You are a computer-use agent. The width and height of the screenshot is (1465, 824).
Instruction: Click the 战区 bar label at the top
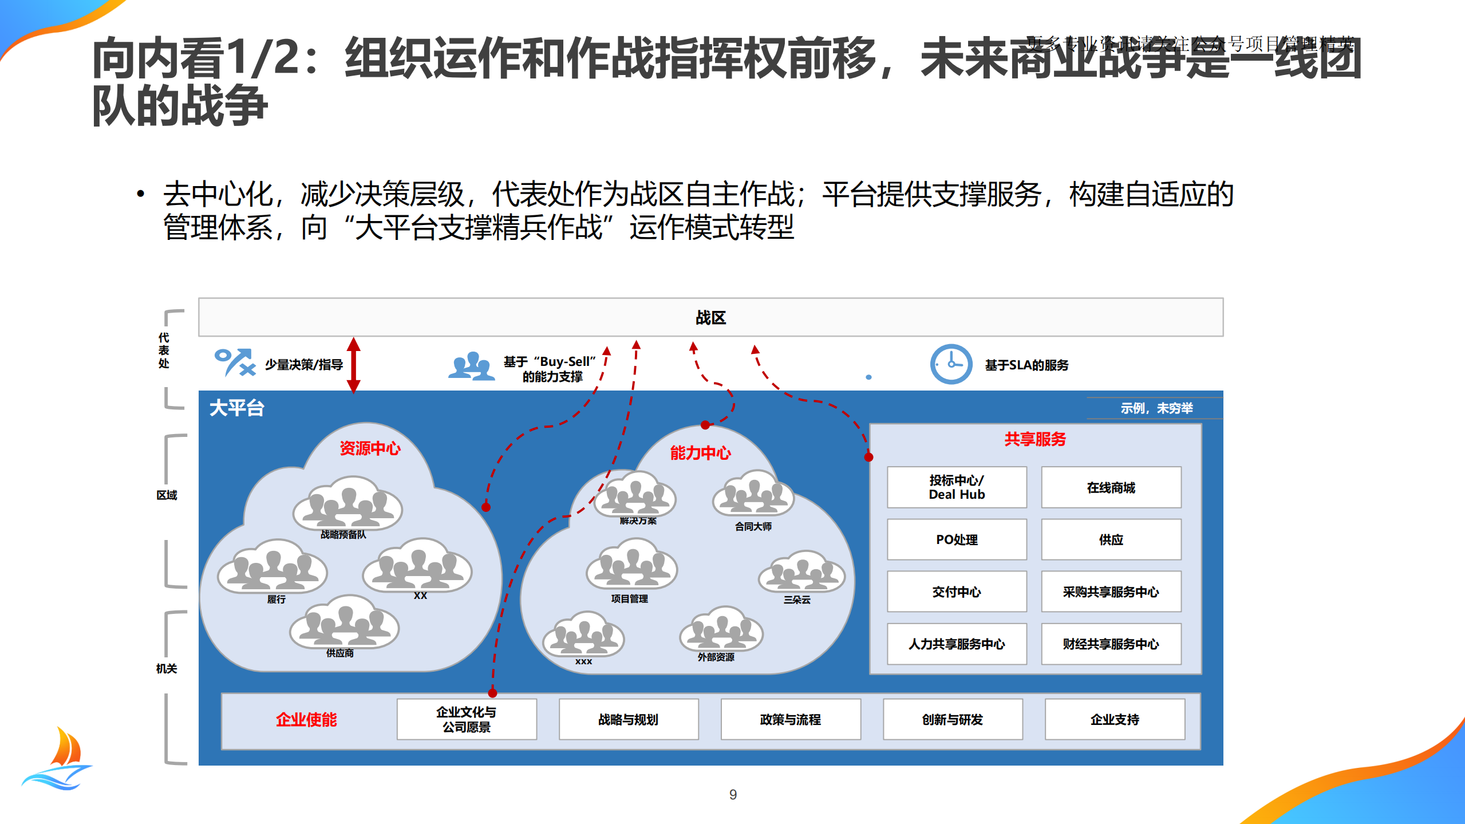710,318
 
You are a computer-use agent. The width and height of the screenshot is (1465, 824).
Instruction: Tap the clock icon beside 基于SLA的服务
950,364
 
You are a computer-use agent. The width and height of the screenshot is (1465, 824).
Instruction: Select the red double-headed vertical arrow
354,365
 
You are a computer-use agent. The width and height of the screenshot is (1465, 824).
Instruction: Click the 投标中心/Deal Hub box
957,487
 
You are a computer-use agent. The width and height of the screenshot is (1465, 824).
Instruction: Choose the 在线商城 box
1111,487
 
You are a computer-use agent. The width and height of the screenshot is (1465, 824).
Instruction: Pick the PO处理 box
957,539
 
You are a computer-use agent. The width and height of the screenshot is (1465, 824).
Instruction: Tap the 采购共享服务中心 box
1111,592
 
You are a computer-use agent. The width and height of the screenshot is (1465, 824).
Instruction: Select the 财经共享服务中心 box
1111,644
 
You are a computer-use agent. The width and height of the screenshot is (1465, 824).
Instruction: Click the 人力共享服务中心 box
957,644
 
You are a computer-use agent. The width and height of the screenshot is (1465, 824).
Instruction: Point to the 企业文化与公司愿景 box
467,719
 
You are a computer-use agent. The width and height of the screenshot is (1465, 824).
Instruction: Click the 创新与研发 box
953,719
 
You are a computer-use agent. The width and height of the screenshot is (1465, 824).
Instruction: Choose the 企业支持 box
1115,719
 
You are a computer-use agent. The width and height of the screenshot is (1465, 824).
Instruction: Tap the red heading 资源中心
370,448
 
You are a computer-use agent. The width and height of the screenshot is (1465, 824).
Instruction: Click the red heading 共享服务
1035,439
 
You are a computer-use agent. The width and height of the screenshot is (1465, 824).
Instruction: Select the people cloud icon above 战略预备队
348,504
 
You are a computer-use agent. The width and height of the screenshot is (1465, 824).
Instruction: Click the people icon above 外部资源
721,630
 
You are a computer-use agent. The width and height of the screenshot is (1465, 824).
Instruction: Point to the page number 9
733,794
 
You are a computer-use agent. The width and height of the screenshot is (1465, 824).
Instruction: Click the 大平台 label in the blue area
236,408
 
